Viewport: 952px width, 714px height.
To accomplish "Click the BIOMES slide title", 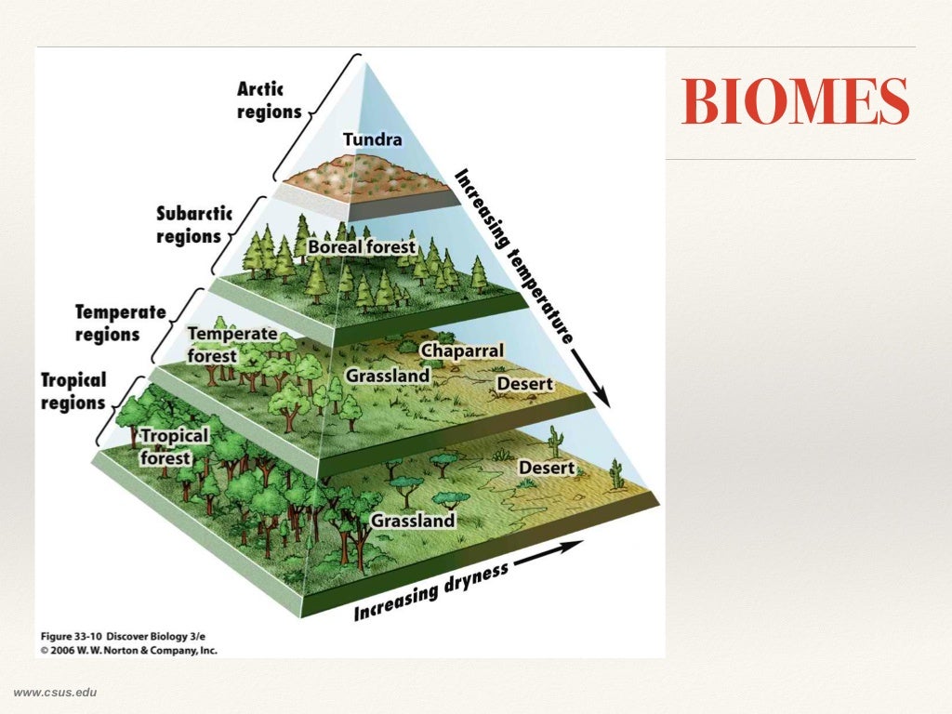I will pyautogui.click(x=795, y=103).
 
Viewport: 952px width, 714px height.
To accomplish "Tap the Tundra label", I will pyautogui.click(x=373, y=140).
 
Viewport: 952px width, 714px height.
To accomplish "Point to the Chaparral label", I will pyautogui.click(x=462, y=350).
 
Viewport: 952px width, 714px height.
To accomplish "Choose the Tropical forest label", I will pyautogui.click(x=174, y=446).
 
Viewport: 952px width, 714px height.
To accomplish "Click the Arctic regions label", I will pyautogui.click(x=269, y=100).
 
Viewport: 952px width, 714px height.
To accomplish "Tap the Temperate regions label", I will pyautogui.click(x=119, y=323).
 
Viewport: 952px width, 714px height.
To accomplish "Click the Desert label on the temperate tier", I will pyautogui.click(x=524, y=384).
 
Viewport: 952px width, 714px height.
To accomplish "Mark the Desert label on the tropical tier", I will pyautogui.click(x=547, y=468).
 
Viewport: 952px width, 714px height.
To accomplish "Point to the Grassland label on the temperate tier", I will pyautogui.click(x=388, y=376).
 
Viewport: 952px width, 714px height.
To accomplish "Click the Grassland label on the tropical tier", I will pyautogui.click(x=413, y=521).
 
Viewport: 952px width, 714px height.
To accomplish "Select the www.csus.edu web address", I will pyautogui.click(x=55, y=692).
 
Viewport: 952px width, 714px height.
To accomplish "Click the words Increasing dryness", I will pyautogui.click(x=430, y=592).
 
